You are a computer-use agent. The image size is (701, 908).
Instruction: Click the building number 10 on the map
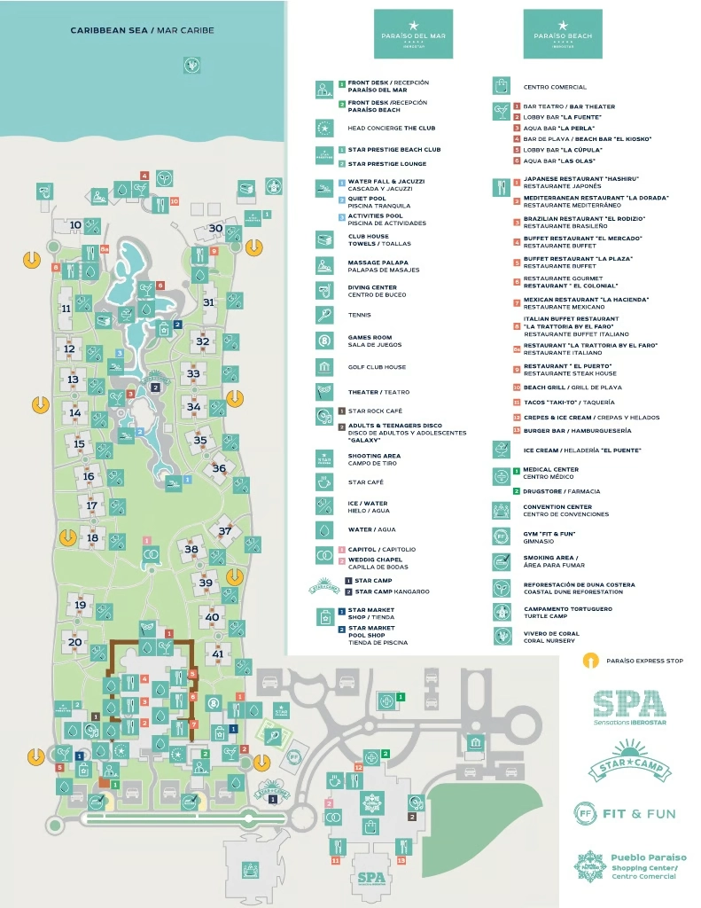[75, 225]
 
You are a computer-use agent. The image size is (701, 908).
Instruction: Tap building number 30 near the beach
[215, 228]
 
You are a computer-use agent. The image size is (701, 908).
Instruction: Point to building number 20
[75, 642]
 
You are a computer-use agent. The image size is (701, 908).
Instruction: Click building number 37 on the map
[225, 531]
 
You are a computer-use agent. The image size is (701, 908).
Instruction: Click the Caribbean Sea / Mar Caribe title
[142, 31]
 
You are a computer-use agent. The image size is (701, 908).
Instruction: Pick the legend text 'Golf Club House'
[377, 366]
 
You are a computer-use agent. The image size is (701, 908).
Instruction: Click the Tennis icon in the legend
[324, 315]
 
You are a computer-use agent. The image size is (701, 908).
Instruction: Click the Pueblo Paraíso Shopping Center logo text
[649, 866]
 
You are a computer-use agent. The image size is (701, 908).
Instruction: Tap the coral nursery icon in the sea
[191, 64]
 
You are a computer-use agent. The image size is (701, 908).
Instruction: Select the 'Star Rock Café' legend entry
[375, 411]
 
